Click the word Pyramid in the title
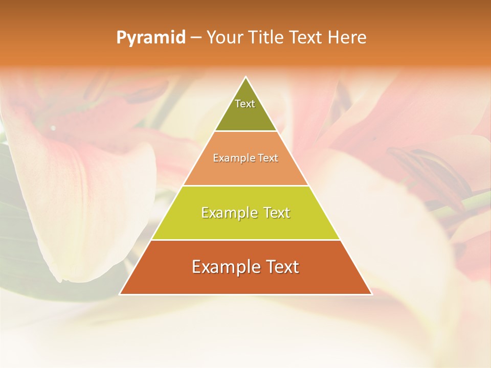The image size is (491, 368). click(150, 38)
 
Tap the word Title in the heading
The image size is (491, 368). click(269, 38)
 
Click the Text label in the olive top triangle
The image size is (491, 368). click(245, 104)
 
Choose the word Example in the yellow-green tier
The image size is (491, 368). click(227, 213)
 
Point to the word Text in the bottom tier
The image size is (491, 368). click(281, 267)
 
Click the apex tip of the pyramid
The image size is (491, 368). click(245, 77)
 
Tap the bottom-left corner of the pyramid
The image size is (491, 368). click(120, 294)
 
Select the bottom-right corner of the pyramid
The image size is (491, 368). click(371, 294)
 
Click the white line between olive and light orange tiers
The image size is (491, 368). click(245, 131)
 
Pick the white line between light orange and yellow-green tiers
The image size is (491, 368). click(245, 186)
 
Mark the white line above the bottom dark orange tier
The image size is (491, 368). click(245, 240)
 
